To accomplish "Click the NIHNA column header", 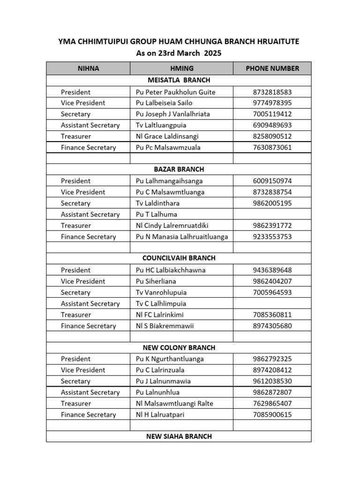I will tap(88, 68).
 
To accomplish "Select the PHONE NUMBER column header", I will tap(272, 68).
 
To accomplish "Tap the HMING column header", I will tap(182, 68).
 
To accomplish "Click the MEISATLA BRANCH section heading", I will tap(179, 80).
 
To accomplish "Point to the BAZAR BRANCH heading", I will tap(179, 169).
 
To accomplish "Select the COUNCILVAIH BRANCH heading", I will tap(179, 258).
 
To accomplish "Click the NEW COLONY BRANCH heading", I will tap(179, 348).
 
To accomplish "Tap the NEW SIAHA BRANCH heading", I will tap(179, 436).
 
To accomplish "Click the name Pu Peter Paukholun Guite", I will tap(175, 92).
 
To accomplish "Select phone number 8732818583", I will tap(272, 92).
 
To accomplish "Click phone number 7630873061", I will tap(272, 148).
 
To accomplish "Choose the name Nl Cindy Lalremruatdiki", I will tap(172, 225).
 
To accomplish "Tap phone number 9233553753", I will tap(272, 237).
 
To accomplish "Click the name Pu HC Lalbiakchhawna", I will tap(171, 270).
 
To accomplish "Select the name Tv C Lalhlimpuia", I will tap(161, 304).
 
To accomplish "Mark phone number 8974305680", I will tap(272, 326).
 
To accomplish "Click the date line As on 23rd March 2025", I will tap(179, 53).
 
